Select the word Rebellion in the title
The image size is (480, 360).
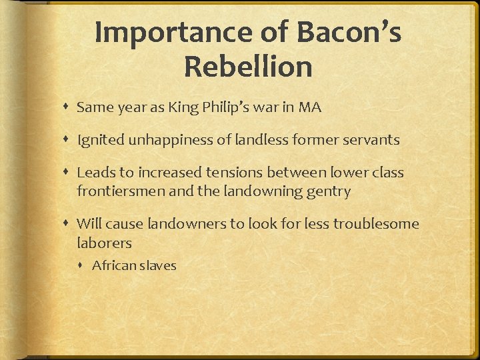(248, 67)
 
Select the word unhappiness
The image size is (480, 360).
(168, 140)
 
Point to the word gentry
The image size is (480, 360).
(327, 191)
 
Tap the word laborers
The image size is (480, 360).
(104, 243)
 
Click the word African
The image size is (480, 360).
(113, 265)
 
